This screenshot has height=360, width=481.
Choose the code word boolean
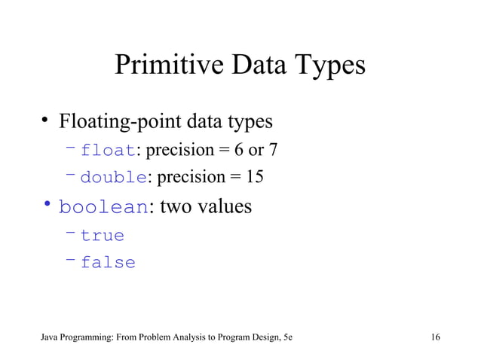(103, 206)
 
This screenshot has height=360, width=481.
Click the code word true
(103, 236)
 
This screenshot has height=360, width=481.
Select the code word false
(108, 263)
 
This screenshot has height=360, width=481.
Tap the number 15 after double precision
(254, 178)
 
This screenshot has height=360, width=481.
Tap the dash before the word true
(70, 233)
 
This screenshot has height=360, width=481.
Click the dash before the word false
(70, 260)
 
